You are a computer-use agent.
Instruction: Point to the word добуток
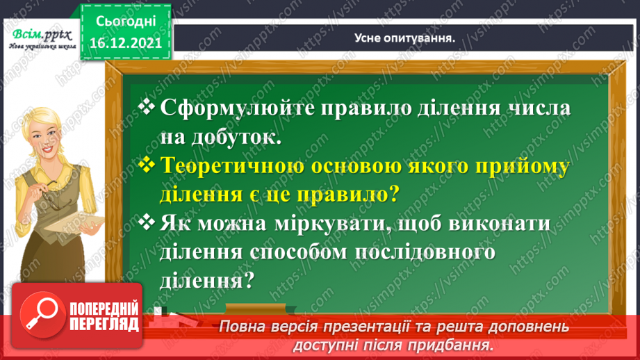click(x=238, y=137)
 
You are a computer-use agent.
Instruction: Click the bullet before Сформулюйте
click(x=147, y=107)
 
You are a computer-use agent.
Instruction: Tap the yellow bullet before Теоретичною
click(x=147, y=165)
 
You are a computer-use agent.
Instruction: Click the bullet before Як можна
click(x=147, y=223)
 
